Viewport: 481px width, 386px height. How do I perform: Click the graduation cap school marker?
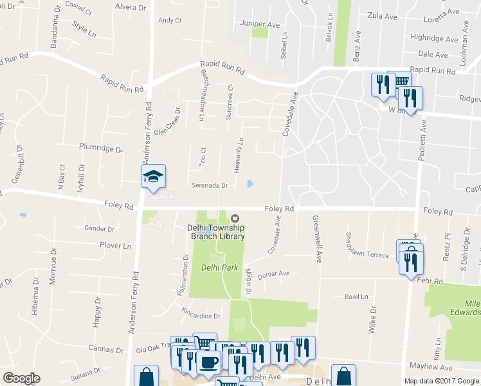point(154,177)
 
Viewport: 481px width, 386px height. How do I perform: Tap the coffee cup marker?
point(208,362)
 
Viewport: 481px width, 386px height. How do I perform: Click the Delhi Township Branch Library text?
point(216,232)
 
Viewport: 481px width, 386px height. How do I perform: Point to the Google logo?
point(21,378)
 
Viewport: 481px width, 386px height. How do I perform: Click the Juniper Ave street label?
point(260,24)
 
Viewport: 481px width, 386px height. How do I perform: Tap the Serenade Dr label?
point(210,185)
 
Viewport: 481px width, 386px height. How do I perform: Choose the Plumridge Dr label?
point(100,147)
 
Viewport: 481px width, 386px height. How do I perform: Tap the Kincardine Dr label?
point(201,316)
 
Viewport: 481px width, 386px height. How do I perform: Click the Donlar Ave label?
point(273,273)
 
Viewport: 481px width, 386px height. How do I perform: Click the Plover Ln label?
point(115,246)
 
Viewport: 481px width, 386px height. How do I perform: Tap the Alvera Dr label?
point(131,7)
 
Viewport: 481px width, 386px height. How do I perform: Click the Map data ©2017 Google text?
point(441,381)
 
